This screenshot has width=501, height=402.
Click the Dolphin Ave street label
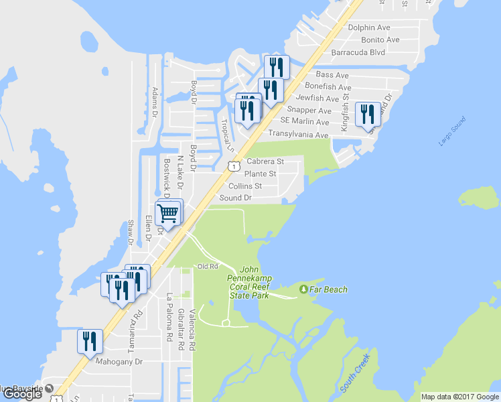coord(369,27)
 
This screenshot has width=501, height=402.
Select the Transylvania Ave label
coord(298,135)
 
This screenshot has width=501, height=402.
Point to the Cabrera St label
coord(265,161)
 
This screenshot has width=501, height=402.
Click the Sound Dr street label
coord(235,198)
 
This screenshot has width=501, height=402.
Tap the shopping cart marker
coord(167,214)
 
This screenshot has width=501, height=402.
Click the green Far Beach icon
coord(303,289)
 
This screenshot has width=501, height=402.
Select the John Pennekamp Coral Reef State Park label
coord(249,281)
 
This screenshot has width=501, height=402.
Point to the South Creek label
coord(355,375)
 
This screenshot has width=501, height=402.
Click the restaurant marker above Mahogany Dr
coord(88,342)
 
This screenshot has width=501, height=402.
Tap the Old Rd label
coord(208,266)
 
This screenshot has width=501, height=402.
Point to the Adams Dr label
coord(154,102)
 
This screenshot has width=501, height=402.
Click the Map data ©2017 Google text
coord(459,397)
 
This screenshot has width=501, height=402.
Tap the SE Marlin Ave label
coord(305,122)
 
